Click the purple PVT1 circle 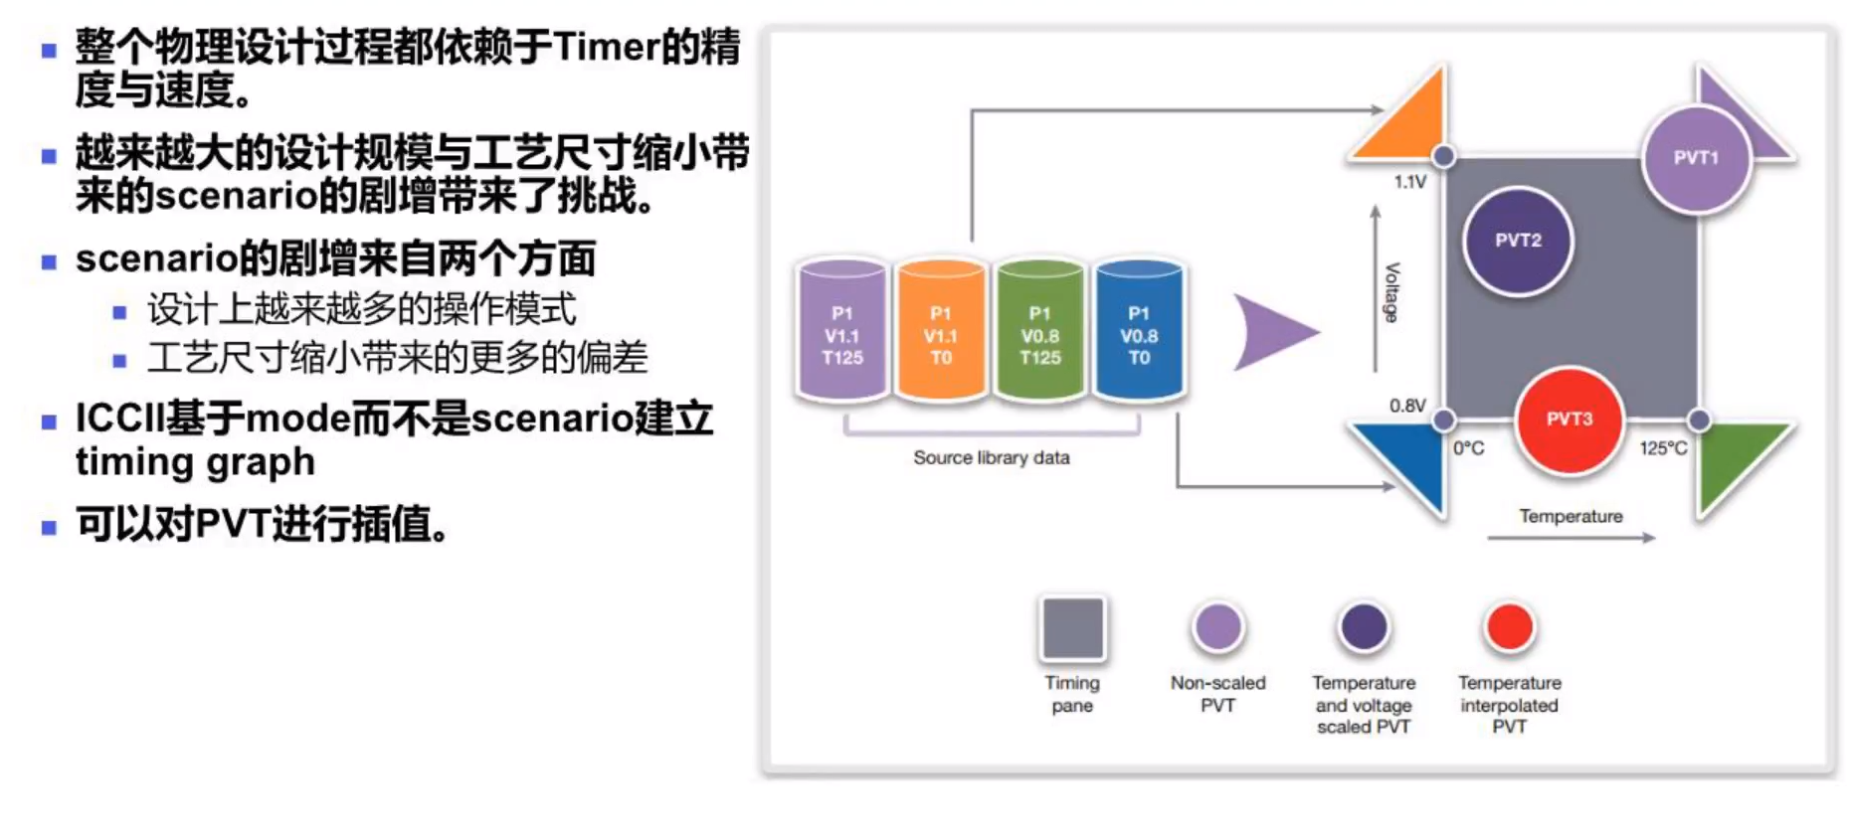(1696, 159)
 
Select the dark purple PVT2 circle (1518, 241)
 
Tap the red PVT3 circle (1569, 420)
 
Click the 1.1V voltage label (1409, 182)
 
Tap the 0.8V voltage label (1407, 406)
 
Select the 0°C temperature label (1468, 448)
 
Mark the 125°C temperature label (1663, 448)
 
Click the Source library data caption (992, 457)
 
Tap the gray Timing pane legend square (1072, 628)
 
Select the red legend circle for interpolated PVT (1509, 627)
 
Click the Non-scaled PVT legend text (1217, 694)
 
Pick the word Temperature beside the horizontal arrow (1571, 516)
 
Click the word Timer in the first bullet (607, 47)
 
